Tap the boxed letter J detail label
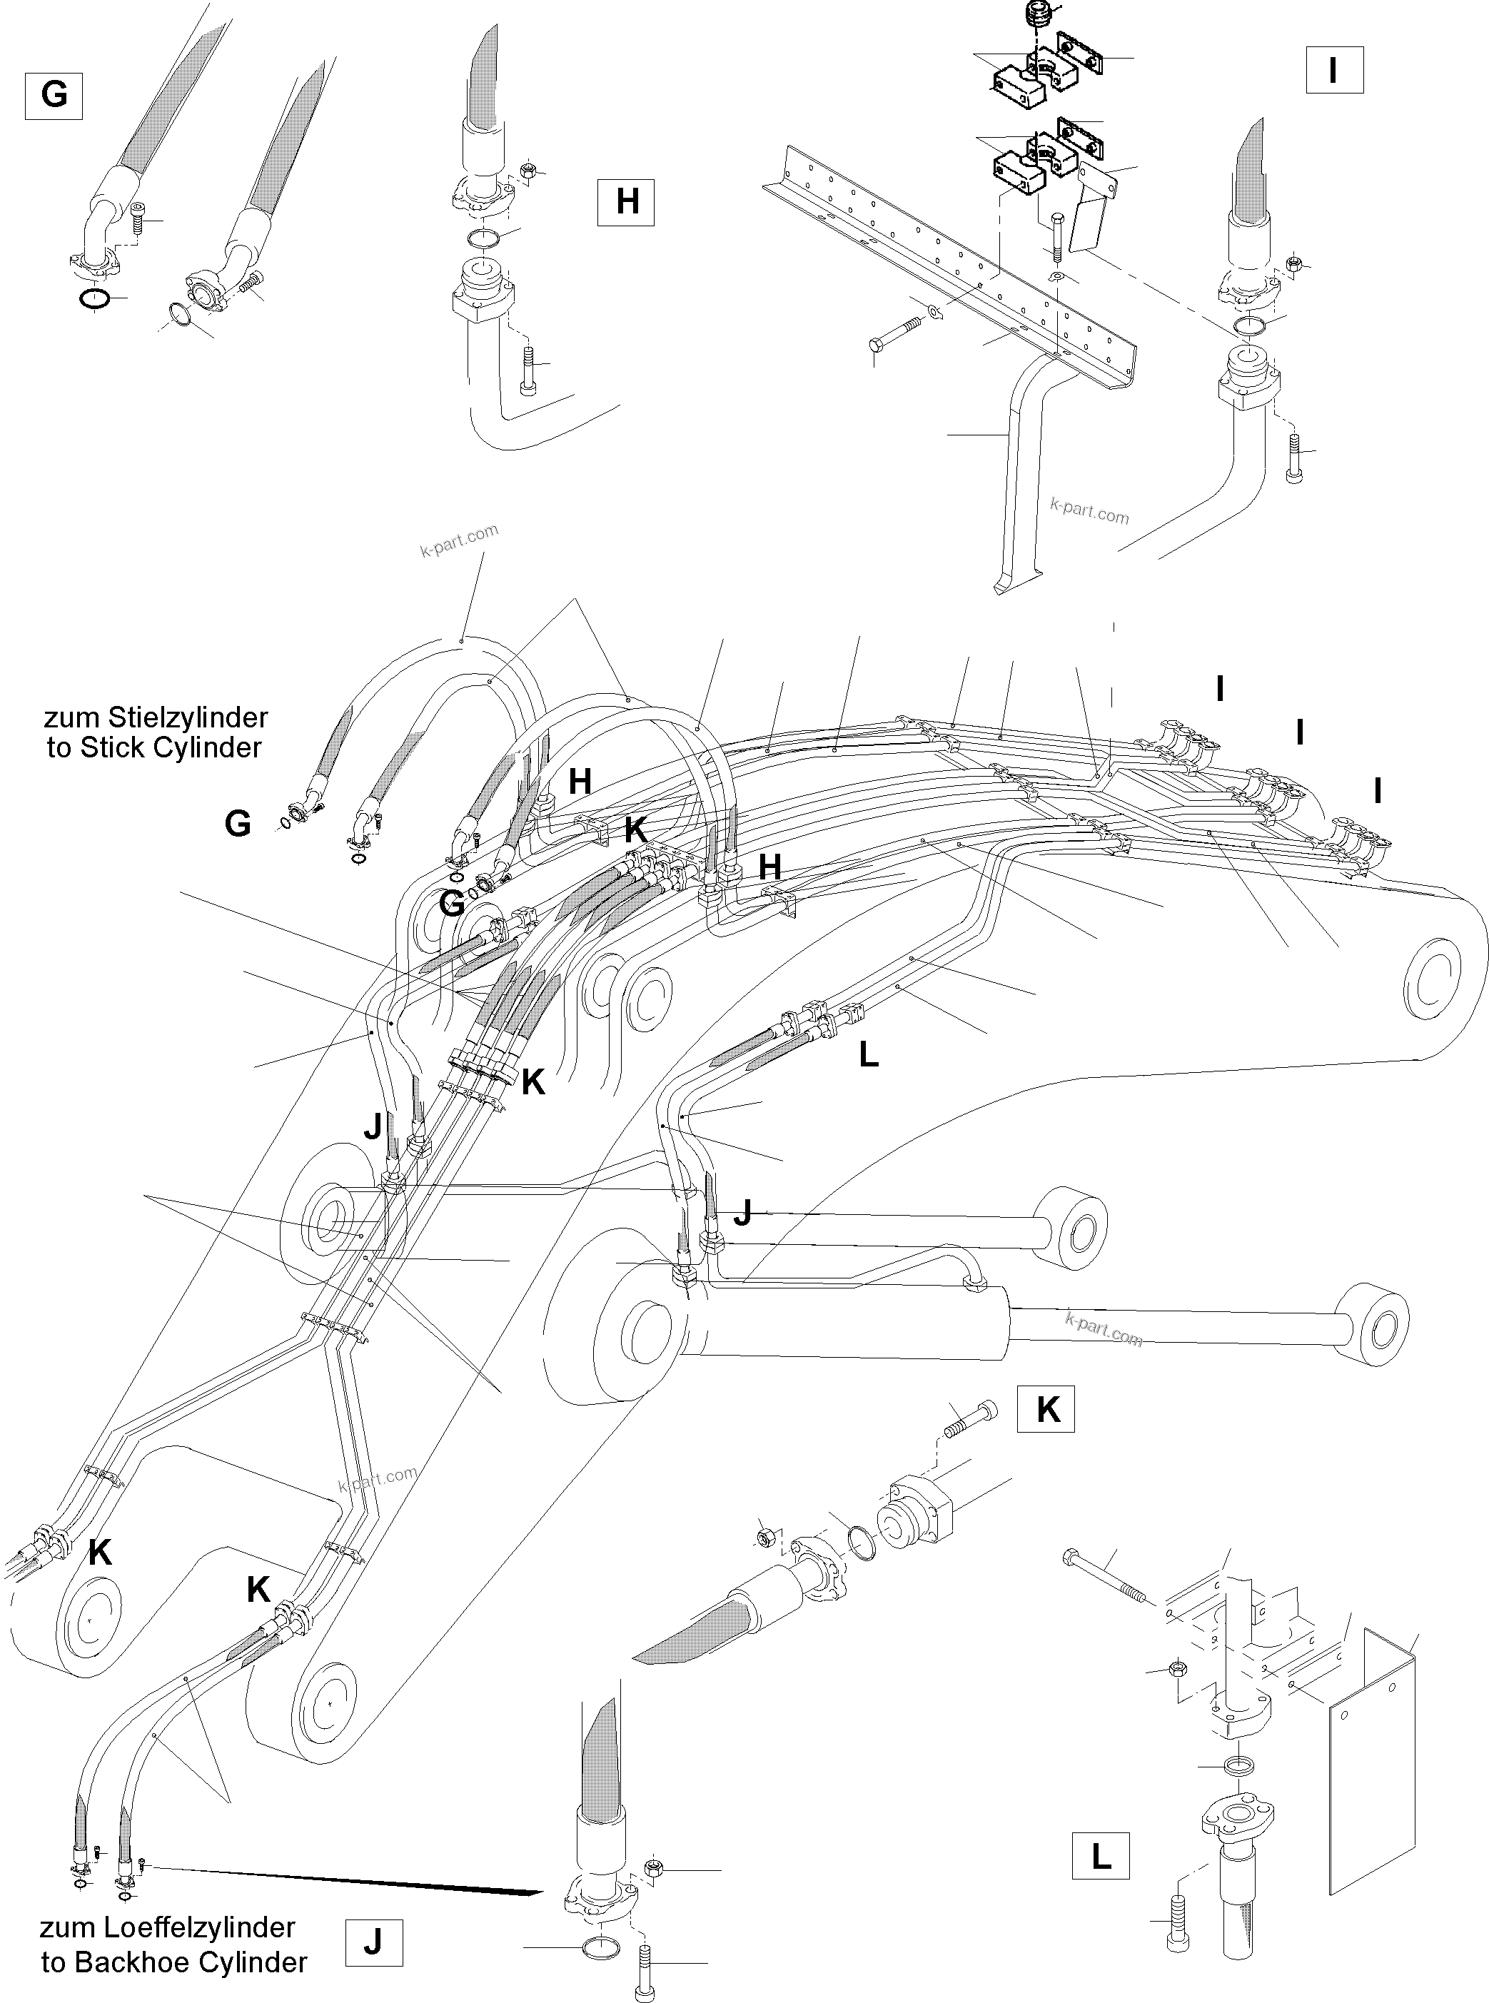click(373, 1942)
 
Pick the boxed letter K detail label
click(1046, 1409)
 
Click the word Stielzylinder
click(188, 717)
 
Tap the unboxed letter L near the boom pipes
click(868, 1054)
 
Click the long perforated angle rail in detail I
click(947, 261)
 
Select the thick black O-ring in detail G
click(96, 298)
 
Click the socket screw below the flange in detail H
click(528, 370)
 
